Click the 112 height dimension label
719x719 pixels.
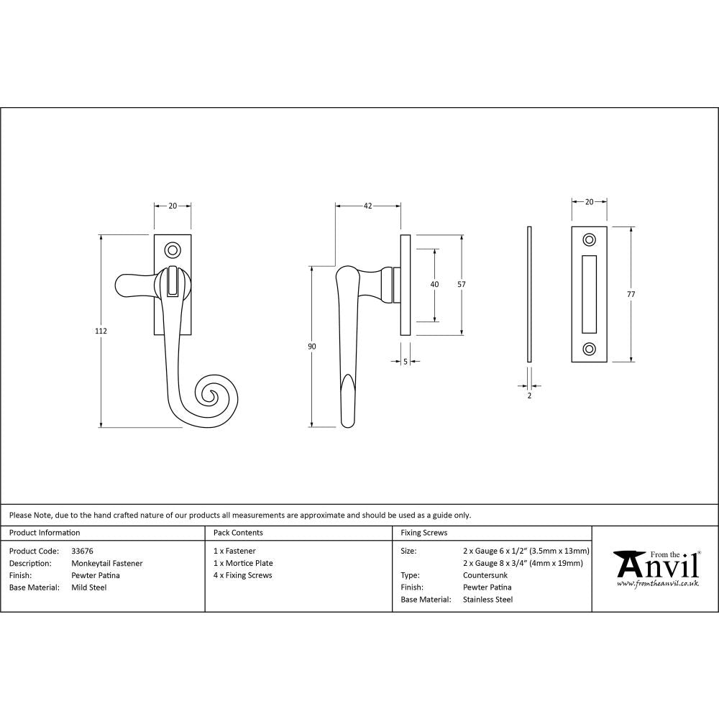101,331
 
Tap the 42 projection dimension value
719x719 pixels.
367,206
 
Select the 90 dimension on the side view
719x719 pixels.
311,347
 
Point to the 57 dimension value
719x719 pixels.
461,284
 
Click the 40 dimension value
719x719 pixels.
434,284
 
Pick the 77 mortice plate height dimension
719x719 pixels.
631,294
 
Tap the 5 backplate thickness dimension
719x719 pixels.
406,362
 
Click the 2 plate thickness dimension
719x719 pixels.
529,395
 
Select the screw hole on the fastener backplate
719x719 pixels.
173,250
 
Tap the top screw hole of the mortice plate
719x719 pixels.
590,239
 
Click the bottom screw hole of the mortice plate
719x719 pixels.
590,349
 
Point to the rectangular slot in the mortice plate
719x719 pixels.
590,294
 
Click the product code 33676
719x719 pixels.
82,551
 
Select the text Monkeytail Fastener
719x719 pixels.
106,563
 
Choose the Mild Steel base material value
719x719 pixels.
88,587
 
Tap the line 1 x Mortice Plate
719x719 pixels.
243,563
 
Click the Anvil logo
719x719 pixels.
656,568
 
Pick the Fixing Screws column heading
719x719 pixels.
424,533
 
